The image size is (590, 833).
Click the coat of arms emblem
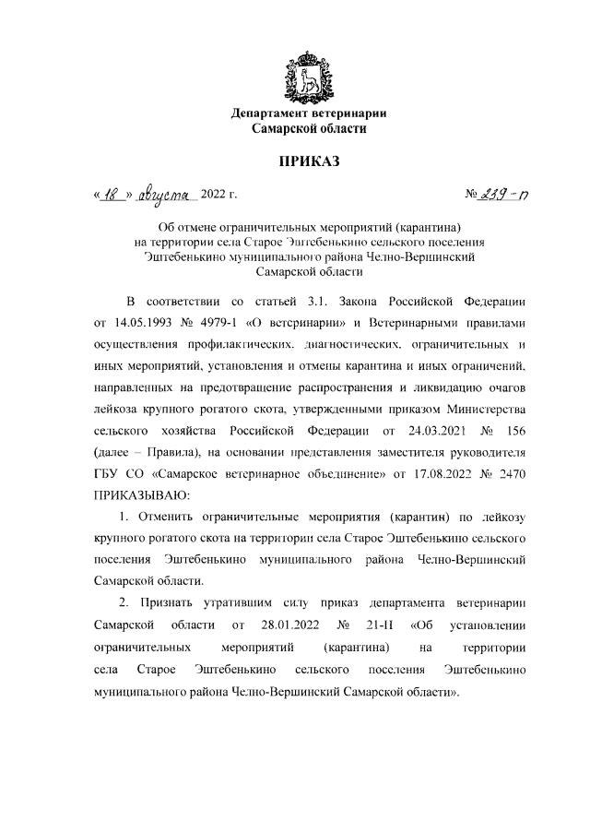[x=308, y=77]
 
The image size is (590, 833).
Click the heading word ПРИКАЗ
[x=309, y=162]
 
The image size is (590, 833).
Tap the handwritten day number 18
[x=113, y=194]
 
